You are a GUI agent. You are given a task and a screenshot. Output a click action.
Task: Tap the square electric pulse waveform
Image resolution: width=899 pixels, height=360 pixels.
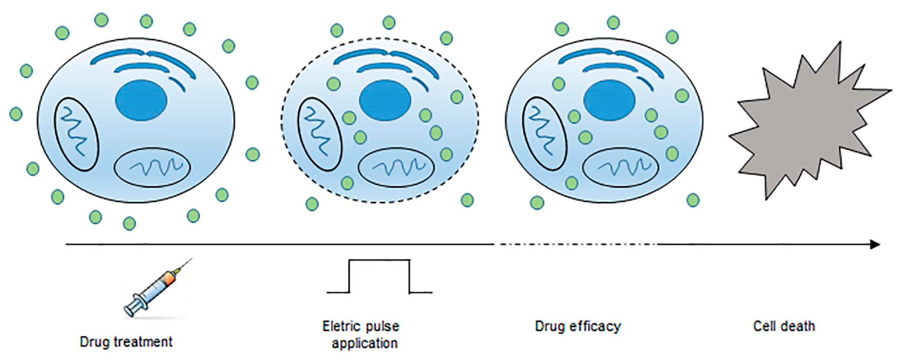pos(379,276)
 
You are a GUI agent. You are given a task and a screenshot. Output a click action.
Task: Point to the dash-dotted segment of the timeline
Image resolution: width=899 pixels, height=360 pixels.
pos(576,245)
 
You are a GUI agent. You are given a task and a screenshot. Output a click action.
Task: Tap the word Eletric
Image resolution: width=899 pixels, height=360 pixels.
pos(341,326)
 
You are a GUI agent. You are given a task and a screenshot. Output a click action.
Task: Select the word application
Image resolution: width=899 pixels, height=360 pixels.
pos(364,343)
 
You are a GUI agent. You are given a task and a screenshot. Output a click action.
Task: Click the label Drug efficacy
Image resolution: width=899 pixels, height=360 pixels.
pos(578,326)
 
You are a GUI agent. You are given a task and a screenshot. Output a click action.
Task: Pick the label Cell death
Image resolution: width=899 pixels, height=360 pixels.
pos(784,326)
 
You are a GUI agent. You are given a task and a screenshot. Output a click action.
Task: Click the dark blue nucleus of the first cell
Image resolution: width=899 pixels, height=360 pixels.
pos(141,100)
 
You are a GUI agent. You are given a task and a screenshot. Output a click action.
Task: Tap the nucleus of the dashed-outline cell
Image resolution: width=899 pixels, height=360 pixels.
pos(385,100)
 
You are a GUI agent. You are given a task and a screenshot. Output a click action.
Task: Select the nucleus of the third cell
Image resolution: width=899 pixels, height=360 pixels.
pos(609,100)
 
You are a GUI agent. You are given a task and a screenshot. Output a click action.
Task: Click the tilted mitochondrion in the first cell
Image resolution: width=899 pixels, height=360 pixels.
pos(76,134)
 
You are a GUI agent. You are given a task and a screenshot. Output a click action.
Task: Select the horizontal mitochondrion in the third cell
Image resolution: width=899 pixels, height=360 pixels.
pos(621,167)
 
